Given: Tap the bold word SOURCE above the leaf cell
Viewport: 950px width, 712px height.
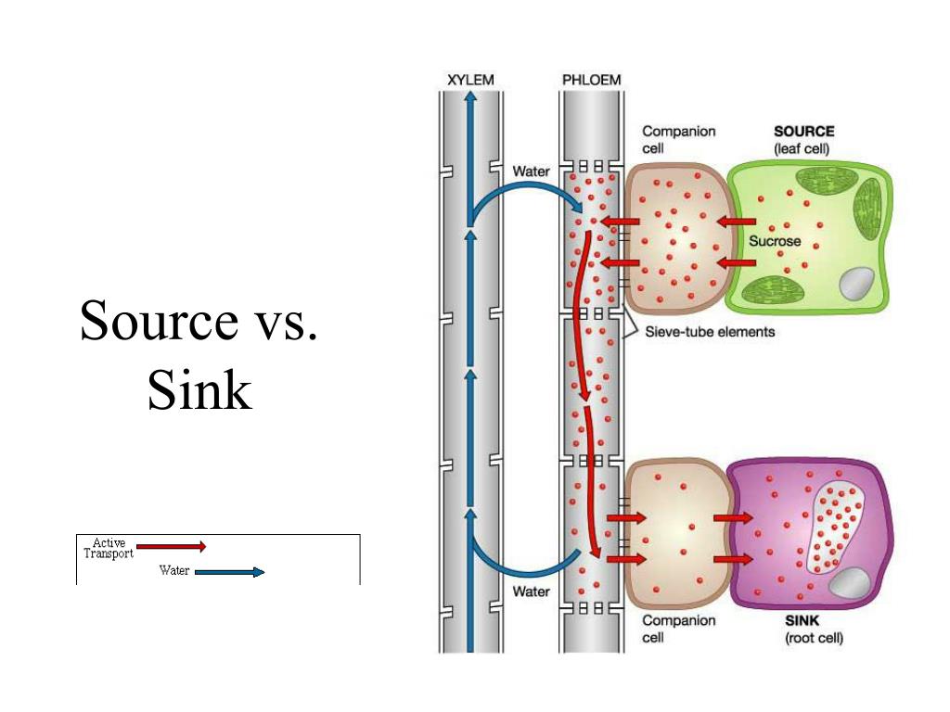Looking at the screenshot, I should click(803, 132).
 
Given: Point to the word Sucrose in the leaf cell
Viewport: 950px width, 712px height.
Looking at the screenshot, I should click(775, 241).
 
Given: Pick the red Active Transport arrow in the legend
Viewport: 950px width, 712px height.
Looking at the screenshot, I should click(171, 547).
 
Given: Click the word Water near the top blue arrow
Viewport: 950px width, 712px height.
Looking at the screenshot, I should click(532, 172).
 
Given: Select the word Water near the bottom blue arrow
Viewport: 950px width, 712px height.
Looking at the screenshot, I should click(532, 591).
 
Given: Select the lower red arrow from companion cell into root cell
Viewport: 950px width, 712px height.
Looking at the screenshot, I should click(732, 559).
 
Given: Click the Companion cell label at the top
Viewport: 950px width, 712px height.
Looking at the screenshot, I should click(678, 139).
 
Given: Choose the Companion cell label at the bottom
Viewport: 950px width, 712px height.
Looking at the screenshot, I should click(678, 629).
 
